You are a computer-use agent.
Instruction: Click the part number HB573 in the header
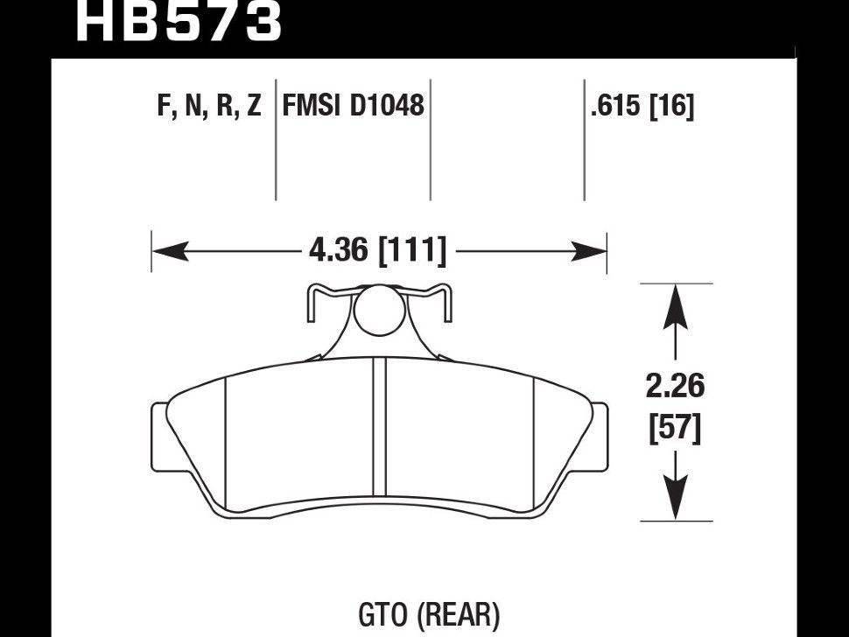click(179, 21)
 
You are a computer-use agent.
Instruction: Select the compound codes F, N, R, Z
click(209, 107)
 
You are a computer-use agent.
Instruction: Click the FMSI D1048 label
click(353, 107)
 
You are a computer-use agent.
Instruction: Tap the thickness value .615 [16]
click(642, 107)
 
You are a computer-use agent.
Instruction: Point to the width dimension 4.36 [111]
click(377, 252)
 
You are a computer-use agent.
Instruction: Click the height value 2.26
click(676, 387)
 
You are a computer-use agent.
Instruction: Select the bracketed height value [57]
click(676, 430)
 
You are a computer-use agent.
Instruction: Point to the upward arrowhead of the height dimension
click(676, 306)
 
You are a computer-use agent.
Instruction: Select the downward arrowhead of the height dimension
click(676, 499)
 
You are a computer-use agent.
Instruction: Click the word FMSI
click(312, 107)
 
